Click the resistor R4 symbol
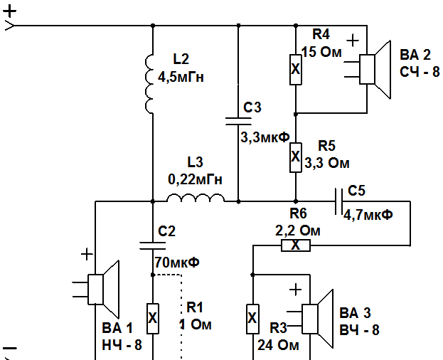point(296,70)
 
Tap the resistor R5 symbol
point(296,157)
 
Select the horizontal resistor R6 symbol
point(296,245)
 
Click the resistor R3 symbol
point(252,319)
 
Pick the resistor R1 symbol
point(153,319)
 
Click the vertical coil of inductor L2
point(149,84)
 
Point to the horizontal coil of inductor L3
point(196,198)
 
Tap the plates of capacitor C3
point(238,121)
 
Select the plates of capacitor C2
point(153,246)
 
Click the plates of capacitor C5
point(338,201)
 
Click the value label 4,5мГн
point(181,78)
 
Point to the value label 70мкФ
point(177,263)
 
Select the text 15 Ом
point(321,53)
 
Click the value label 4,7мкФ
point(368,216)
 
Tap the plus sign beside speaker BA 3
point(296,290)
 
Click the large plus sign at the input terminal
point(10,11)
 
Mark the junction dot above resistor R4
point(296,26)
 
